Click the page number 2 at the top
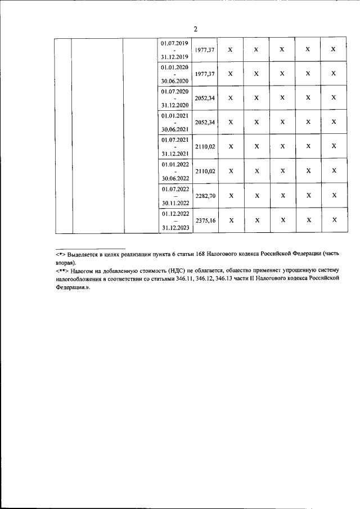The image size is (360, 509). (x=195, y=29)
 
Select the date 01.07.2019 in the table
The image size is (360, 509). (x=174, y=43)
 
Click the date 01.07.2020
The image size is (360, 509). (x=174, y=91)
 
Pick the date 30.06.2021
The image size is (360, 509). (x=174, y=129)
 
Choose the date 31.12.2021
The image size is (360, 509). (x=174, y=154)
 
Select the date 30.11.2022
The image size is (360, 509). (x=174, y=203)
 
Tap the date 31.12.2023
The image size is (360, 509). (x=174, y=228)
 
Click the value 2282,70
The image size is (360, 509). (x=205, y=195)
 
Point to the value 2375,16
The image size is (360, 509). (x=205, y=220)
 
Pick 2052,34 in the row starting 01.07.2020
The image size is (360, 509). (x=205, y=98)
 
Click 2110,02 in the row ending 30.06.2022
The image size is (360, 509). (x=205, y=170)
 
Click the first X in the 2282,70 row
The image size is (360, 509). (x=230, y=196)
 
